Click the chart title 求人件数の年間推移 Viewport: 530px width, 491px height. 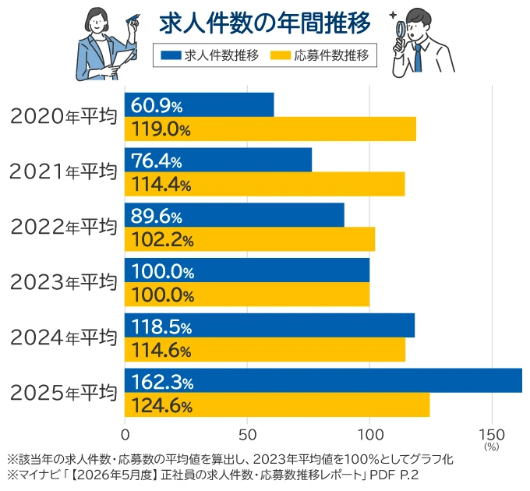click(x=265, y=23)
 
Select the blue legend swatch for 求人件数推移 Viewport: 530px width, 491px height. click(x=171, y=55)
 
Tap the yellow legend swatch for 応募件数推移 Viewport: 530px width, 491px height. click(x=281, y=55)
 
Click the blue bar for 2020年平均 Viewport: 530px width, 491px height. click(x=199, y=104)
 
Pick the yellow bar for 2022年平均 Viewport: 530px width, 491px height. click(x=249, y=239)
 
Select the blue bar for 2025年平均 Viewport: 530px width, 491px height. click(x=323, y=380)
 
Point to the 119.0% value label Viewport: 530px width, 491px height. click(x=161, y=129)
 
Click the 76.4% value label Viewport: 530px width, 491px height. click(x=157, y=161)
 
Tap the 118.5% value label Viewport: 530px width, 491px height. click(x=161, y=327)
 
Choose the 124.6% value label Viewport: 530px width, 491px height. click(x=161, y=405)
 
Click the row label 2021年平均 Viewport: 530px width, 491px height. click(x=63, y=171)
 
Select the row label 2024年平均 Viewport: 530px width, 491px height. click(x=64, y=337)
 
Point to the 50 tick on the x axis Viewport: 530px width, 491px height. click(x=247, y=435)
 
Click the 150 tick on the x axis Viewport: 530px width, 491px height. click(x=492, y=435)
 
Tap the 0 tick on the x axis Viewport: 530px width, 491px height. click(x=125, y=435)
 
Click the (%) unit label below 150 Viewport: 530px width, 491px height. click(x=492, y=447)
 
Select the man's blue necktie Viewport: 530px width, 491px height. click(x=418, y=58)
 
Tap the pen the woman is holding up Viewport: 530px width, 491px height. click(x=132, y=18)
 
